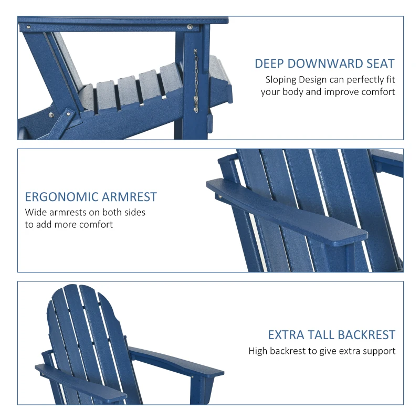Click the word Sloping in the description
pos(281,80)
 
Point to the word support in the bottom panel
pos(379,351)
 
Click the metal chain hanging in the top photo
pos(196,81)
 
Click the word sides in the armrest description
pos(134,213)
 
